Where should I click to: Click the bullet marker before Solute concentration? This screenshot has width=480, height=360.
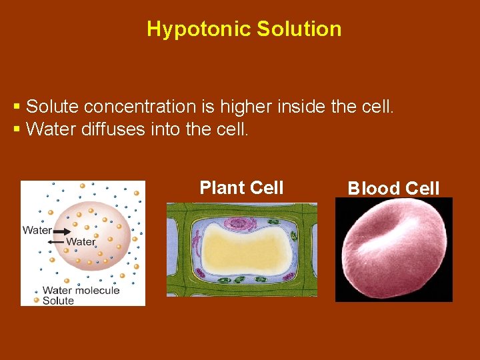(x=17, y=107)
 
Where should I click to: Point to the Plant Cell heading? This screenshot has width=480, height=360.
(x=241, y=188)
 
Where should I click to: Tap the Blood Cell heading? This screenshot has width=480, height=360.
(x=393, y=189)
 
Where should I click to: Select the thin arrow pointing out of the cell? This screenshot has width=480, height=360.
(x=59, y=241)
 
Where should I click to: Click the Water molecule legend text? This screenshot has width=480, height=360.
(x=81, y=290)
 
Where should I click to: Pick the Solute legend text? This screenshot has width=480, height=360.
(x=58, y=301)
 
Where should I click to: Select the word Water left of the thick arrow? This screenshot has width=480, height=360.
(x=37, y=231)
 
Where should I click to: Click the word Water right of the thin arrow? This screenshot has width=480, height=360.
(x=81, y=241)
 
